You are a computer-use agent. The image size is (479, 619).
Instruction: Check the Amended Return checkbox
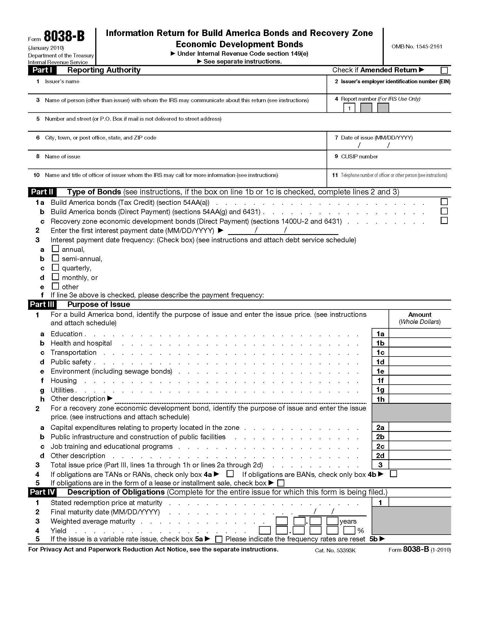click(x=444, y=70)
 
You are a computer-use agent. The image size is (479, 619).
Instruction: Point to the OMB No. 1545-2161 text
click(x=416, y=46)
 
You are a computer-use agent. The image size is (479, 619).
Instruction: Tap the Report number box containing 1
click(x=349, y=108)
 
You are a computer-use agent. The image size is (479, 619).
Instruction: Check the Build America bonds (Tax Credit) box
click(x=444, y=202)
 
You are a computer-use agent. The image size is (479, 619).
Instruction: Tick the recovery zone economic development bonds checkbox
click(x=444, y=221)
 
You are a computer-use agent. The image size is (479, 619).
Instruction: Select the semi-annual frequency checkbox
click(x=55, y=258)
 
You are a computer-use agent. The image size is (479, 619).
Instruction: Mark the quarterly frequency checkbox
click(x=55, y=268)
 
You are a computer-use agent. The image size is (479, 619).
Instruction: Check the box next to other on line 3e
click(x=55, y=286)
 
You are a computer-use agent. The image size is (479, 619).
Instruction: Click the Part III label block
click(x=42, y=304)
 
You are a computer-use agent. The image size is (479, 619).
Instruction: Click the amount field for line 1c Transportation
click(x=420, y=352)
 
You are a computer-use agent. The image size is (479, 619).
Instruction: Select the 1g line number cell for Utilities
click(x=380, y=390)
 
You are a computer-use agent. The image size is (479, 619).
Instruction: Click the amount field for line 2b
click(x=420, y=437)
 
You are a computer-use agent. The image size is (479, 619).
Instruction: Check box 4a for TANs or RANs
click(x=230, y=474)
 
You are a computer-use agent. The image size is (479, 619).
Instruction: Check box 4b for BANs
click(x=393, y=474)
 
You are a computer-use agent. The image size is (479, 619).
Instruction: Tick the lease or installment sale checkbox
click(x=281, y=483)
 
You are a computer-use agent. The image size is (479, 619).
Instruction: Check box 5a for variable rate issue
click(x=218, y=539)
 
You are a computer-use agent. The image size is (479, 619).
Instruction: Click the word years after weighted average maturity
click(x=348, y=521)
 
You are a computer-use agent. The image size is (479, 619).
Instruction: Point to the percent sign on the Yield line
click(x=361, y=531)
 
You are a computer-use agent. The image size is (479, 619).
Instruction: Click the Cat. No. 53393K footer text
click(x=335, y=550)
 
